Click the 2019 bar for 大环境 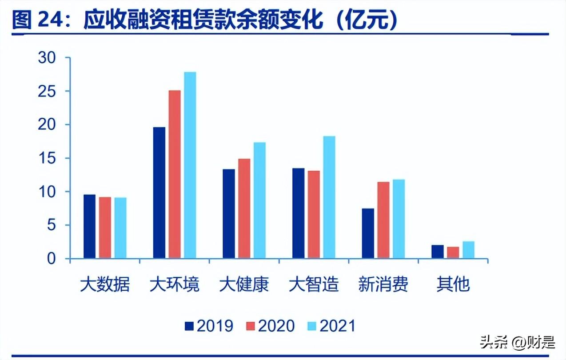[159, 192]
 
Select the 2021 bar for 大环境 [190, 165]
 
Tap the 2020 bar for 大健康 [244, 208]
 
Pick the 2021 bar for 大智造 [329, 197]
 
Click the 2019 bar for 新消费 [368, 233]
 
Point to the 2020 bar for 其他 [453, 252]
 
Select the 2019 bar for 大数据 [89, 227]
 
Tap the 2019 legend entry [209, 326]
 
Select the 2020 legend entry [270, 326]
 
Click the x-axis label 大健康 [244, 284]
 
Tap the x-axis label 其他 [453, 284]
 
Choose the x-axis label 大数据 [105, 284]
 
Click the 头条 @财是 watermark [518, 342]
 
